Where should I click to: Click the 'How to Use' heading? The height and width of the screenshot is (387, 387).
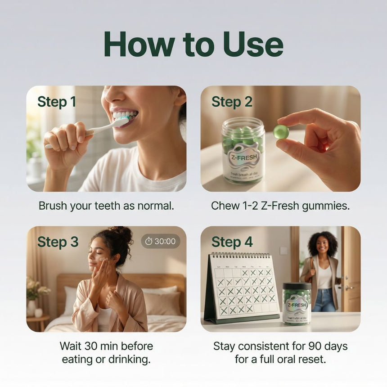(x=193, y=45)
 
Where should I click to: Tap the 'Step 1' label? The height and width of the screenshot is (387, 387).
(x=57, y=102)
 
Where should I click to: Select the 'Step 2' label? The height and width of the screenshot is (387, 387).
(x=232, y=102)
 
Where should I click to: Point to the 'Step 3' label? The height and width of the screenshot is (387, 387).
(x=58, y=242)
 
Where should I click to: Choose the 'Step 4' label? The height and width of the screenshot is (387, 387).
(x=232, y=242)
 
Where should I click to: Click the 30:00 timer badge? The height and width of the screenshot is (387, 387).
(x=161, y=241)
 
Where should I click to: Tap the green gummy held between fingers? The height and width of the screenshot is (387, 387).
(x=281, y=131)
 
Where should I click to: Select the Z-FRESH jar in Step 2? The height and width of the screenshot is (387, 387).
(x=243, y=151)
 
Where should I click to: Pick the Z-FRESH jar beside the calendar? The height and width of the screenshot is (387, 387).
(x=297, y=304)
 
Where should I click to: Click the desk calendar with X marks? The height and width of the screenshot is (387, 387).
(x=243, y=288)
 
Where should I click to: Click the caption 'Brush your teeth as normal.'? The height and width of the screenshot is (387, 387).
(x=106, y=206)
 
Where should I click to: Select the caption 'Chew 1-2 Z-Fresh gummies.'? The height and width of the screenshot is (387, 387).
(x=280, y=206)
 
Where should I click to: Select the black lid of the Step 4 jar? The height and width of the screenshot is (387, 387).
(x=297, y=286)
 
